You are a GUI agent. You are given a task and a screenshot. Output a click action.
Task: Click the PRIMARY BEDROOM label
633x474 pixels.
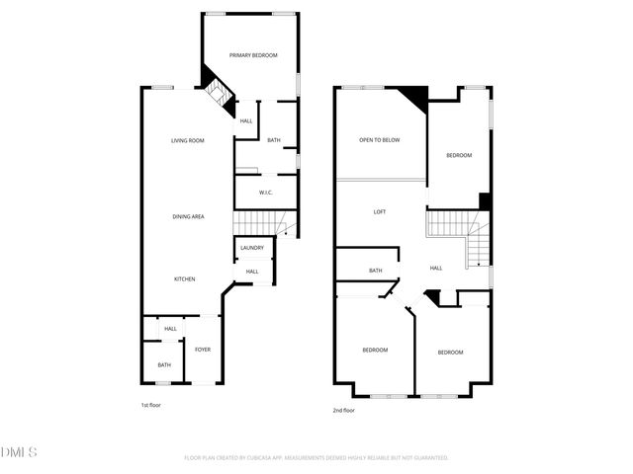pos(253,55)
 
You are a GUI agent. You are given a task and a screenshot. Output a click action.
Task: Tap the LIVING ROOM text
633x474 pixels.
pos(187,140)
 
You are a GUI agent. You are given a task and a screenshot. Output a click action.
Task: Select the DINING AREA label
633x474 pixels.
pos(188,216)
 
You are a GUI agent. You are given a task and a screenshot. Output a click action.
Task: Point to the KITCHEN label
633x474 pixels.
pos(185,279)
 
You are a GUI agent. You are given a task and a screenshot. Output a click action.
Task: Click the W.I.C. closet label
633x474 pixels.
pos(266,193)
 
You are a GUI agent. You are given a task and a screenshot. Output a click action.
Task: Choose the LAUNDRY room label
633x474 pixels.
pos(252,248)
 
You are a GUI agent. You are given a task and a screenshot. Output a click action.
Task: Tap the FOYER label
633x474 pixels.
pos(202,350)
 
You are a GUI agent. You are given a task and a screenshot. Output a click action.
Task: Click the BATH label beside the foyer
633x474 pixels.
pos(163,365)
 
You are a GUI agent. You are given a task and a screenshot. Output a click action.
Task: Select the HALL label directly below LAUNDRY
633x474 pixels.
pos(252,272)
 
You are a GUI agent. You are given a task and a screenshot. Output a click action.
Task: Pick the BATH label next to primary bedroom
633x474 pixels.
pos(273,140)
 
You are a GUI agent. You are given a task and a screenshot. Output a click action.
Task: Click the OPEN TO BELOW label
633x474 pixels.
pos(379,140)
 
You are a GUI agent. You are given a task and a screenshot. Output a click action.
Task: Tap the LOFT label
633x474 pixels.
pos(379,212)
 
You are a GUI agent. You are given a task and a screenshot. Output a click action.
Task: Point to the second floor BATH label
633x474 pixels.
pos(376,271)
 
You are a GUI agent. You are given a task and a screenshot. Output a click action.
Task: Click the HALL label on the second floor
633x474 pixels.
pos(436,268)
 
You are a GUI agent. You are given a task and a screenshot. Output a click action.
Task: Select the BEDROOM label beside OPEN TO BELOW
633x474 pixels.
pos(458,155)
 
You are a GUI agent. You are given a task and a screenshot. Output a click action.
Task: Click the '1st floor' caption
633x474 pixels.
pos(151,406)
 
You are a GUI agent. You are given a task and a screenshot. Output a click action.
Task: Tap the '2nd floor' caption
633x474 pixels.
pos(343,410)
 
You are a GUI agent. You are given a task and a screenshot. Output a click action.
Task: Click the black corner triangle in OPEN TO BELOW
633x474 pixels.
pos(415,96)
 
